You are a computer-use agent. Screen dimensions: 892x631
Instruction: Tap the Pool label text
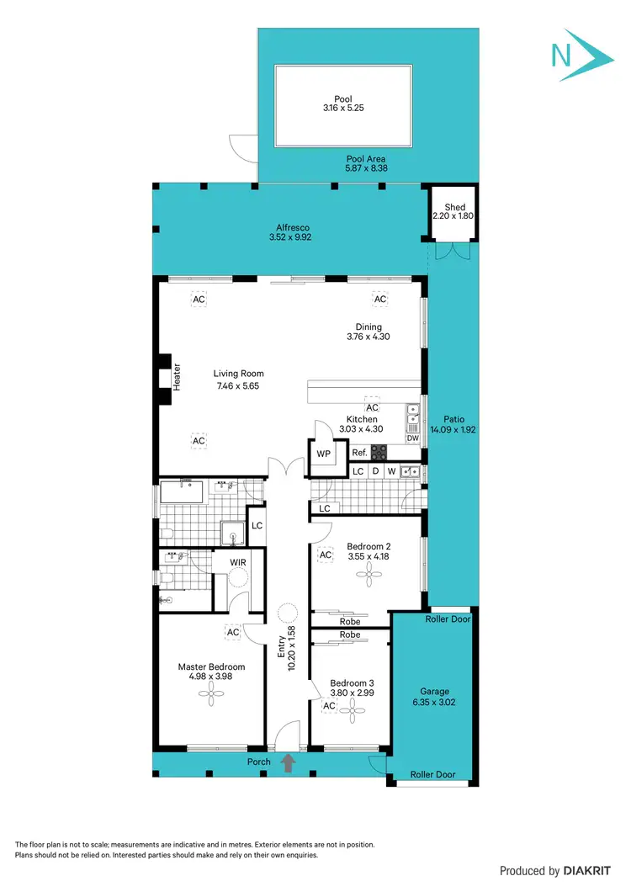tap(343, 98)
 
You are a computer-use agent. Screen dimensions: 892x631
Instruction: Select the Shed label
tap(454, 207)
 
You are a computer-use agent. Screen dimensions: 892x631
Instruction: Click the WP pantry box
tap(323, 453)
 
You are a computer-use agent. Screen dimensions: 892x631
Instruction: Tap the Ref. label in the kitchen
tap(360, 453)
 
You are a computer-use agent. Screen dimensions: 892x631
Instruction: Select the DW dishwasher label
tap(412, 438)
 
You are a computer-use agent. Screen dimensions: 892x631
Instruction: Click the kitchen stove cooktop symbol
tap(379, 452)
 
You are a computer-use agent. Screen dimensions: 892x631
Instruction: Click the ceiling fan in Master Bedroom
tap(210, 692)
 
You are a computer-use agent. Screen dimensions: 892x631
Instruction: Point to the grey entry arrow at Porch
tap(288, 763)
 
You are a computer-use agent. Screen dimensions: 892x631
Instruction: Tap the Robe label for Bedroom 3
tap(350, 634)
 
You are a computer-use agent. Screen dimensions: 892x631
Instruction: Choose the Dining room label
tap(369, 327)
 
